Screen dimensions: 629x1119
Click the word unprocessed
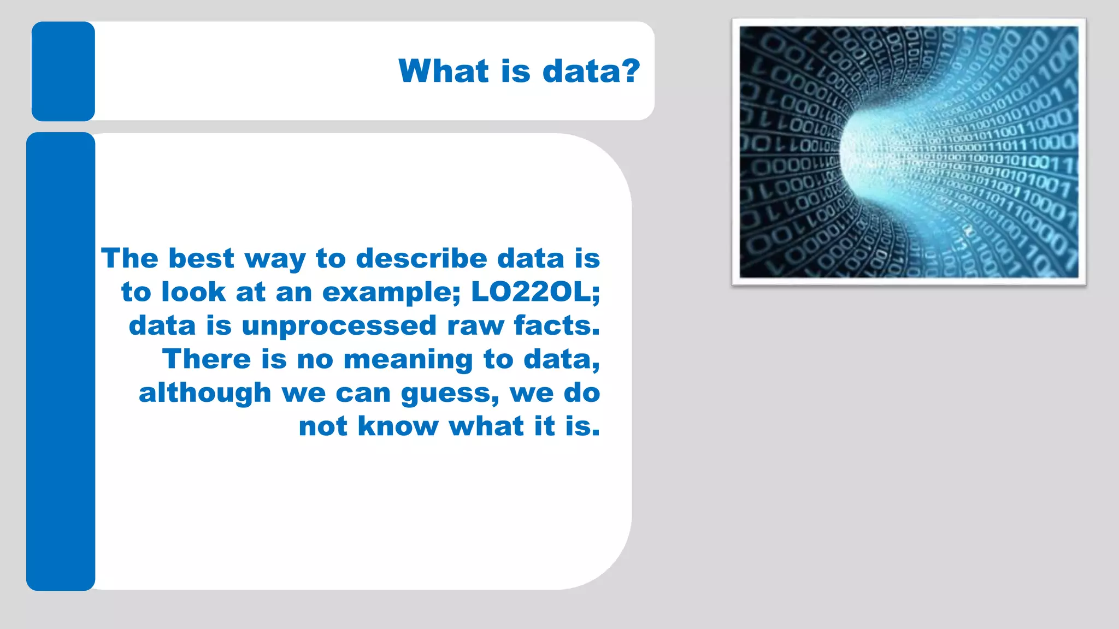point(339,326)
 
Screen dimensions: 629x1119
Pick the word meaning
point(408,360)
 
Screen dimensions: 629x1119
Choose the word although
point(205,393)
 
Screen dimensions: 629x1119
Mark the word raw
point(475,326)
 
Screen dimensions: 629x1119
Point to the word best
point(201,258)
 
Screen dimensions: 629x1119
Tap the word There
point(207,360)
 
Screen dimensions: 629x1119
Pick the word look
point(193,292)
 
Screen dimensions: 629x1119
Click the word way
point(275,259)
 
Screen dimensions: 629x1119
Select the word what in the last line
point(486,426)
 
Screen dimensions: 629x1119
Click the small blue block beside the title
point(63,71)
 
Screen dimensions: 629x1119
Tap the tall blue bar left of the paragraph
point(61,361)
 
